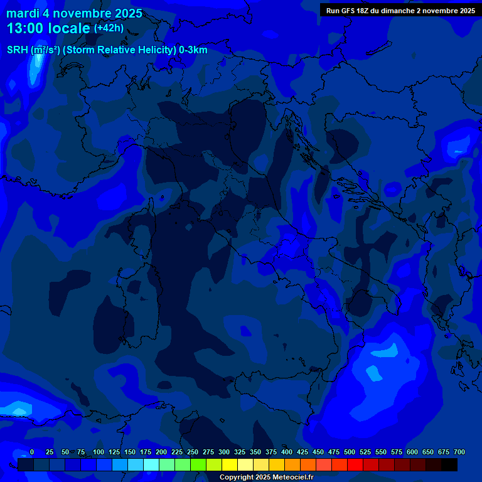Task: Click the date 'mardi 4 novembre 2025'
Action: pos(74,13)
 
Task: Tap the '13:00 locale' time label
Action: pos(48,28)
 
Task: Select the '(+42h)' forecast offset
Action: pos(109,28)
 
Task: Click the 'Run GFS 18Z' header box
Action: pos(400,10)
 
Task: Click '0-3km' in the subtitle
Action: pos(193,50)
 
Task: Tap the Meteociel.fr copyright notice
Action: pos(266,477)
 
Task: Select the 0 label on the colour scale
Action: pos(32,452)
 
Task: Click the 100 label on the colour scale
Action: pos(99,452)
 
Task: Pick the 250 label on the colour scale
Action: pos(193,452)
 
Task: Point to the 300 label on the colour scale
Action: pos(224,452)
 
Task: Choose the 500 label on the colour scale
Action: pos(350,452)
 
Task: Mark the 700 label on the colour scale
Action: pos(459,452)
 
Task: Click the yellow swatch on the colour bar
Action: pos(230,464)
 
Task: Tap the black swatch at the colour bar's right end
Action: pos(449,464)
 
